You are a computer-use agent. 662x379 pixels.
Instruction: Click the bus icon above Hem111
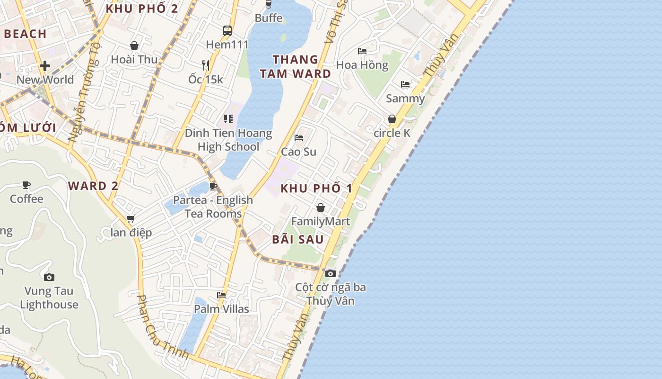(x=227, y=31)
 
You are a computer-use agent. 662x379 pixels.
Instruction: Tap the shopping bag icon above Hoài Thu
(x=134, y=45)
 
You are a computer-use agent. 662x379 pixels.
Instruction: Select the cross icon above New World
(x=45, y=66)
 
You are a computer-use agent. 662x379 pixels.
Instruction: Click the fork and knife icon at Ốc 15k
(x=206, y=65)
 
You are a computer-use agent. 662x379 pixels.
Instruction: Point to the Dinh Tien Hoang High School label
(x=228, y=140)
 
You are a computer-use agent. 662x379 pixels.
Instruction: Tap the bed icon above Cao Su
(x=299, y=138)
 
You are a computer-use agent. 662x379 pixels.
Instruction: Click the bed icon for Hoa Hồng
(x=362, y=51)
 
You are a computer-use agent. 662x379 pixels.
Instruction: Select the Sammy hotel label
(x=405, y=99)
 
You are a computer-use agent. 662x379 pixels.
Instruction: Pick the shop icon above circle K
(x=392, y=119)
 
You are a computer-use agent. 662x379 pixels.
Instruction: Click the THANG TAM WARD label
(x=296, y=66)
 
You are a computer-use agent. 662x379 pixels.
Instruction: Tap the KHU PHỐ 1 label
(x=316, y=188)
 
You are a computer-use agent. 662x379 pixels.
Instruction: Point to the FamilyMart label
(x=321, y=221)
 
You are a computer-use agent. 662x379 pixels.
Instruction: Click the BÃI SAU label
(x=298, y=239)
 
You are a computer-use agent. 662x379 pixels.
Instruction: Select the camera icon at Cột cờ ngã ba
(x=331, y=273)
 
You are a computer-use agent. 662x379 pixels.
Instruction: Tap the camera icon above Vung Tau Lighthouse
(x=49, y=277)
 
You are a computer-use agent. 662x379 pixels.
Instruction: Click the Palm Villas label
(x=221, y=309)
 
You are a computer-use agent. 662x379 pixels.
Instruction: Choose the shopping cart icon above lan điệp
(x=131, y=218)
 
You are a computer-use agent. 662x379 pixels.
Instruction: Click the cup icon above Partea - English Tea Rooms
(x=213, y=186)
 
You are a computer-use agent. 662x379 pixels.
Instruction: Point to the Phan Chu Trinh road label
(x=163, y=327)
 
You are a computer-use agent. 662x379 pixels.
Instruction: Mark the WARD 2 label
(x=93, y=186)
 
